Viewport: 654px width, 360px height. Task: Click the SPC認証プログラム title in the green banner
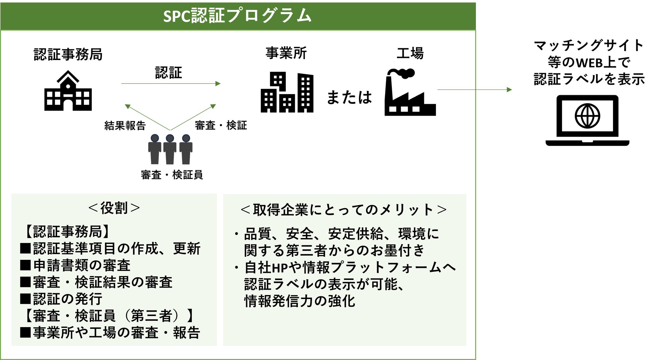click(237, 16)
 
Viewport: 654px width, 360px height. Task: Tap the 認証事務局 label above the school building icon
click(68, 54)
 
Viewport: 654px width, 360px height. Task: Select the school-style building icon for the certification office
click(68, 91)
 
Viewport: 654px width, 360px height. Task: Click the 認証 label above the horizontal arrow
click(168, 73)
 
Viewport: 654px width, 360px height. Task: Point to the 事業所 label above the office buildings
click(286, 53)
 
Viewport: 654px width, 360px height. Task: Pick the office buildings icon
click(287, 93)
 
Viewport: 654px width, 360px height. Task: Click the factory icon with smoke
click(410, 93)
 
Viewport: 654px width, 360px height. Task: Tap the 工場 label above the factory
click(410, 53)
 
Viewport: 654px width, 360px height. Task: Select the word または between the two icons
click(349, 97)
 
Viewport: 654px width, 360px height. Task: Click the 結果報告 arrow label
click(125, 125)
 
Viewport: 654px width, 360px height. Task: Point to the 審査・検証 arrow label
click(221, 125)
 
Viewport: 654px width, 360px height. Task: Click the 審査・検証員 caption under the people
click(172, 175)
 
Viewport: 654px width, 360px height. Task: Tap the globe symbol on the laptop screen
click(587, 116)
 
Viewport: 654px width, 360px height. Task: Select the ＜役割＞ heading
click(114, 208)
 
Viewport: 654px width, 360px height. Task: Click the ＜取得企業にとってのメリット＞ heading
click(344, 210)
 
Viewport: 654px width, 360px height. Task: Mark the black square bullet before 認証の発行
click(25, 299)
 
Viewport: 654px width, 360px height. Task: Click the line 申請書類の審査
click(81, 265)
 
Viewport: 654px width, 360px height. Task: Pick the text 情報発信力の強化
click(299, 301)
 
